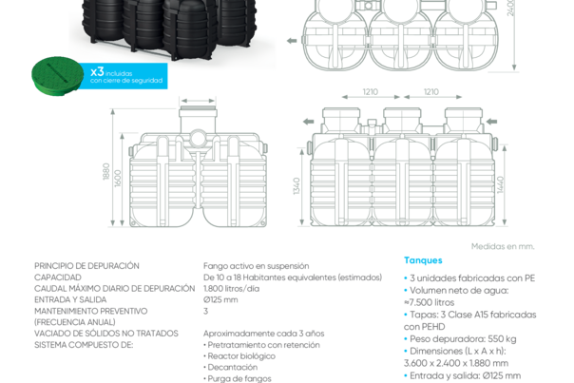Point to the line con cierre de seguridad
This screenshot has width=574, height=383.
point(127,82)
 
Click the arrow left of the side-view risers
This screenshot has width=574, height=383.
point(307,122)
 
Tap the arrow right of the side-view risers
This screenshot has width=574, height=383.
point(492,122)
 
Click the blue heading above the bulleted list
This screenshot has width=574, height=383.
point(418,259)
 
